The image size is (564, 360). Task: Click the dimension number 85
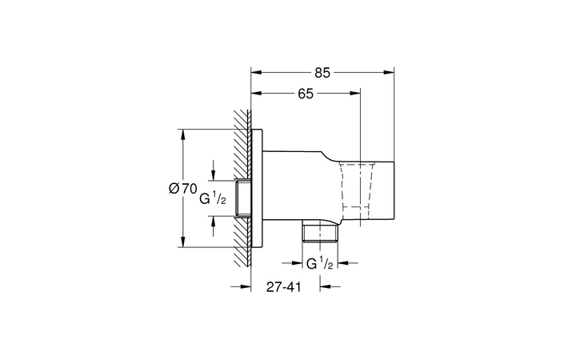(x=322, y=73)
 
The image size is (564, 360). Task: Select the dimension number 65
(x=305, y=94)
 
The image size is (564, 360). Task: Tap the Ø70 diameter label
(x=182, y=189)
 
